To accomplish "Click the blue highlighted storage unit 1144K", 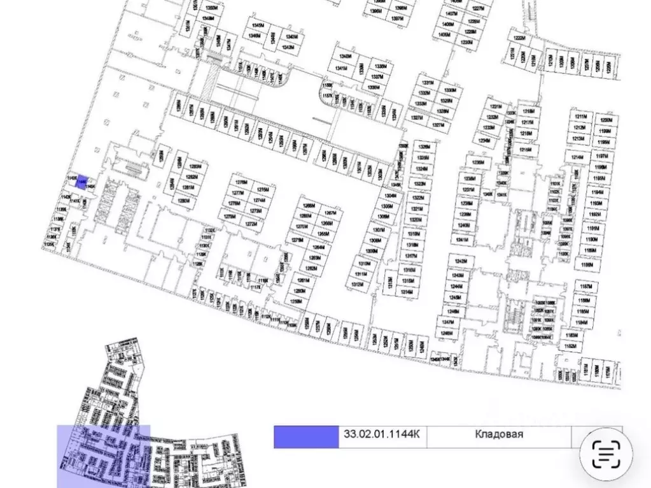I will [81, 182].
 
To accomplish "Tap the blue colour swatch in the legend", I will [306, 437].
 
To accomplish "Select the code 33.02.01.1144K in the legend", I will [382, 434].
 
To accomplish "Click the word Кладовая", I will [499, 434].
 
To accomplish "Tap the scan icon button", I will [605, 454].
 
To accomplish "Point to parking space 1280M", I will [184, 201].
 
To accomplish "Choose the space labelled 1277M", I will [238, 189].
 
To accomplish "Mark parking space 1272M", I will [250, 224].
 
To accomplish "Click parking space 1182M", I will [570, 347].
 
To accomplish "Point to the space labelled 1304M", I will [389, 197].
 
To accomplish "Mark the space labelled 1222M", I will [519, 38].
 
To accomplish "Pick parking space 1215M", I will [525, 150].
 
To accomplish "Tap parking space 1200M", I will [605, 120].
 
